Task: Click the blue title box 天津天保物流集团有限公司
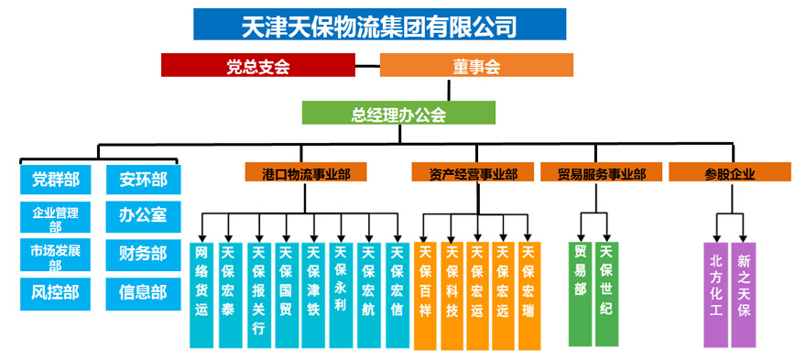379,25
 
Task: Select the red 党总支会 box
257,65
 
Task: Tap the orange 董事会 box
476,65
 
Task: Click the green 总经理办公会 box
398,113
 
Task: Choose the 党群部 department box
55,180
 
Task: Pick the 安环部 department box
143,180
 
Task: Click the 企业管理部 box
55,219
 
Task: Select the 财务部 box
143,254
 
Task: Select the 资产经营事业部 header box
473,172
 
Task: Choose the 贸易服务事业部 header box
602,172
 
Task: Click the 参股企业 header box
729,172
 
